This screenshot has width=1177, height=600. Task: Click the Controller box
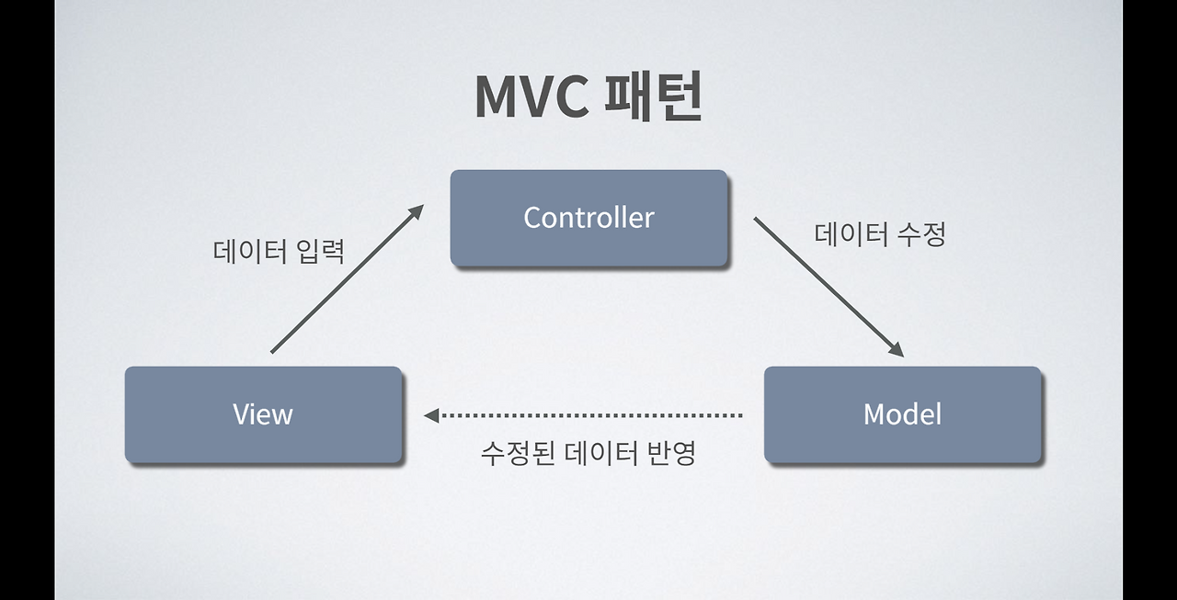[x=588, y=218]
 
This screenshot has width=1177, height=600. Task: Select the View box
[x=263, y=414]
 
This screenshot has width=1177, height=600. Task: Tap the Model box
[x=902, y=414]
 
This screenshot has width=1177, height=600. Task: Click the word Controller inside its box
[x=588, y=218]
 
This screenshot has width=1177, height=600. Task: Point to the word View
[x=263, y=414]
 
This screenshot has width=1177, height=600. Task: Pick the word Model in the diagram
[x=902, y=413]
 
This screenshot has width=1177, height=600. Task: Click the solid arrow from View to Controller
[x=348, y=278]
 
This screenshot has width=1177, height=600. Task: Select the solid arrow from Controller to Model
[x=828, y=288]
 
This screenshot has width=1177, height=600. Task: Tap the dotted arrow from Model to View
[x=583, y=415]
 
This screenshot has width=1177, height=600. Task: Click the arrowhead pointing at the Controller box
[x=417, y=211]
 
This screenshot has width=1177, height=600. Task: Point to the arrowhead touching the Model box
[x=897, y=350]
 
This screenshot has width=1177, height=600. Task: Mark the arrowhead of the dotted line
[x=431, y=415]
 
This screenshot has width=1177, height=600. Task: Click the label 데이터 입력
[x=279, y=251]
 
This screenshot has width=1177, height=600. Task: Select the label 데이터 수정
[x=880, y=234]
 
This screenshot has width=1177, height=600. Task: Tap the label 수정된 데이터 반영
[x=588, y=453]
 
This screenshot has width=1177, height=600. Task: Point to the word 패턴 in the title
[x=654, y=96]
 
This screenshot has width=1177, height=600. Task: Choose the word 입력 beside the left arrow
[x=321, y=251]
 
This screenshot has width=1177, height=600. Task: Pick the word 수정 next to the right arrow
[x=921, y=234]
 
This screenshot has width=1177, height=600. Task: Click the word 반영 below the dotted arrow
[x=671, y=453]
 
